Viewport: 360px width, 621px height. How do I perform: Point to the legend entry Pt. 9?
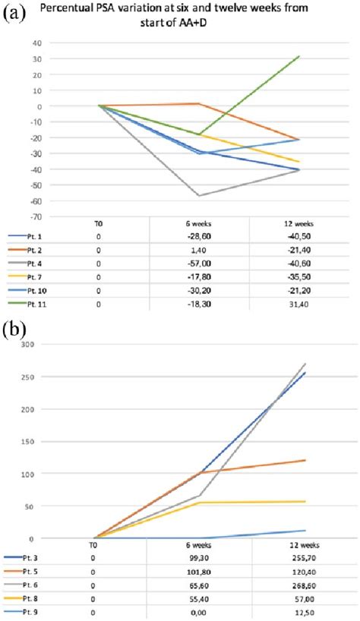[29, 611]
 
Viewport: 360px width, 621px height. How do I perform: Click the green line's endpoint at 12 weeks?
[299, 56]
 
